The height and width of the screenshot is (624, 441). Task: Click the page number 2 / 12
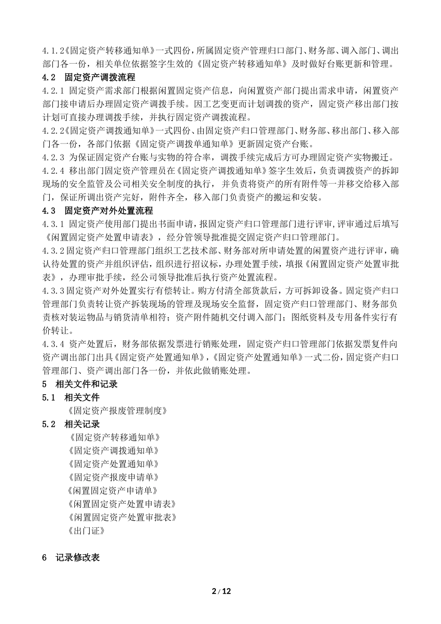[x=221, y=591]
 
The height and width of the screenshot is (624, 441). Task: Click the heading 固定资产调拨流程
[x=99, y=78]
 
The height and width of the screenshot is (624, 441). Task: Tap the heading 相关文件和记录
[x=86, y=384]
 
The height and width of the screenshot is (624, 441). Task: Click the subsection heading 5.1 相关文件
[x=71, y=397]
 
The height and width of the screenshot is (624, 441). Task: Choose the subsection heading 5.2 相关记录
[x=71, y=424]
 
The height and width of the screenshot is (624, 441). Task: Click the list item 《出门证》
[x=86, y=531]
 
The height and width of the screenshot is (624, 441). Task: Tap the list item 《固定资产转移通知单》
[x=114, y=437]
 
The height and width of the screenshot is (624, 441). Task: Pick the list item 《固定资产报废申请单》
[x=114, y=477]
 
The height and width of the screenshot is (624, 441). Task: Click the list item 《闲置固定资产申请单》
[x=113, y=491]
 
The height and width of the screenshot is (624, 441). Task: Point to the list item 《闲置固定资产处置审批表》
[x=122, y=517]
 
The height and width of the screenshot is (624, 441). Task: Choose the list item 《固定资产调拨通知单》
[x=114, y=451]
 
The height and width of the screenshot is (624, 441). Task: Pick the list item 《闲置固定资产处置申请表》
[x=122, y=504]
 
